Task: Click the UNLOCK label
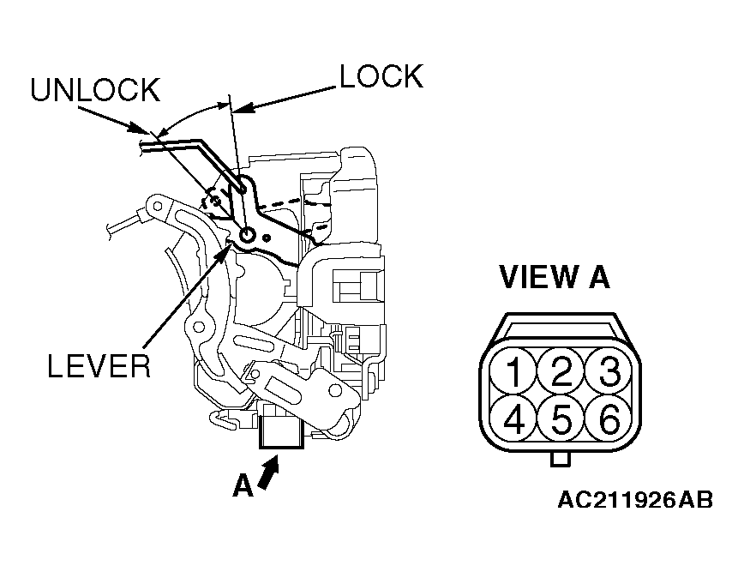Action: pos(95,89)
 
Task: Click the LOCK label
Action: pos(381,76)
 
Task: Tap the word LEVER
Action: pos(99,366)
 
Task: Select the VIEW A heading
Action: pos(555,277)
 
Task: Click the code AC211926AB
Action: pos(635,500)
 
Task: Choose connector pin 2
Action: pos(561,370)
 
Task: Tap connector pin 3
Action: pos(609,370)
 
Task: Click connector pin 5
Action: pos(561,418)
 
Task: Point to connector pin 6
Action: pos(609,418)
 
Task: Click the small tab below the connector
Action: pos(561,460)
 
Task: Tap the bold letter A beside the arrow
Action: pos(243,486)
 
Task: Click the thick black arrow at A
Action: pos(268,472)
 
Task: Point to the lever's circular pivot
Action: pos(247,234)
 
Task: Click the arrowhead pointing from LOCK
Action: pos(243,108)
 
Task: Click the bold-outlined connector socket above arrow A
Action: pos(281,431)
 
